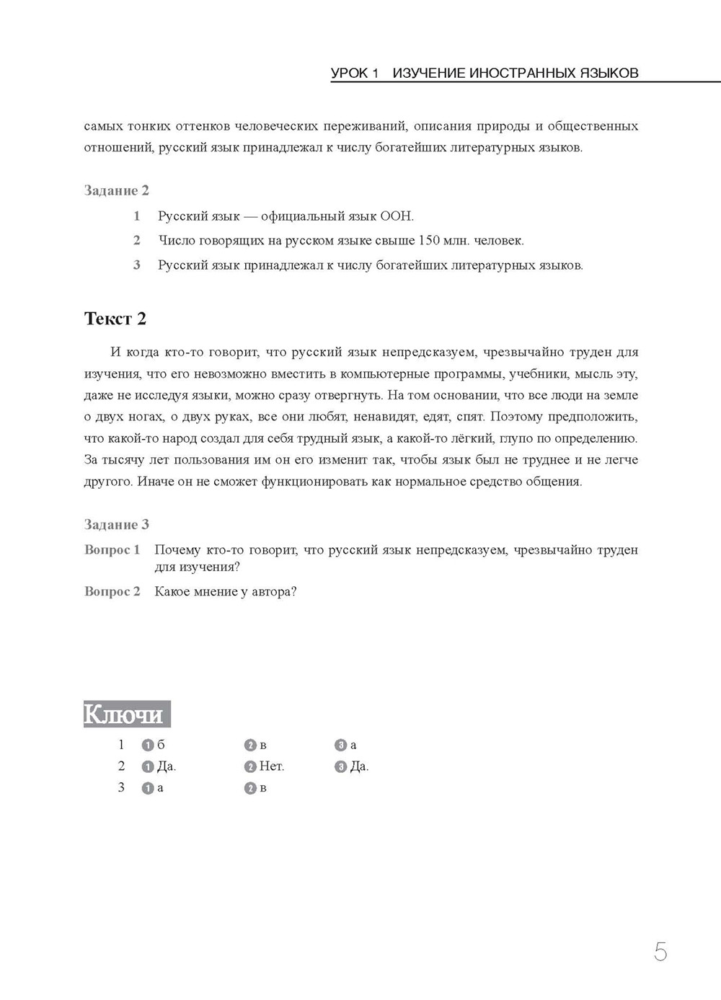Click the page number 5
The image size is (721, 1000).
tap(660, 952)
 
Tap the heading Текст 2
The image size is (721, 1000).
tap(115, 319)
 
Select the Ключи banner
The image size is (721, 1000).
tap(127, 714)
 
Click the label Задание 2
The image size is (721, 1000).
tap(117, 190)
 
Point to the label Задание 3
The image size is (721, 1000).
tap(117, 524)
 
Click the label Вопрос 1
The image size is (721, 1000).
tap(112, 549)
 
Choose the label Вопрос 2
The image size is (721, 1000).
tap(112, 591)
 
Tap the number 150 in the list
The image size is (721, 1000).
tap(430, 240)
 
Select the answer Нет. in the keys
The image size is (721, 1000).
tap(271, 766)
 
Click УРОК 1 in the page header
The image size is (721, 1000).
tap(355, 73)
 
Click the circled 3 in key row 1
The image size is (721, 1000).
tap(340, 745)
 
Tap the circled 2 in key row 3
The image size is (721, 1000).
tap(250, 789)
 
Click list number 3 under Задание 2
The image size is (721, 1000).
tap(137, 265)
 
